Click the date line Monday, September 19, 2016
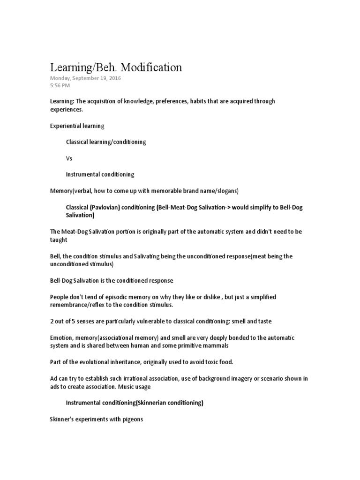point(85,78)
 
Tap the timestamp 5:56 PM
point(60,86)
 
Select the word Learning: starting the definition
point(61,101)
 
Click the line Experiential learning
point(77,126)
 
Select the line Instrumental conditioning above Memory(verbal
point(100,174)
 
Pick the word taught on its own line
point(59,240)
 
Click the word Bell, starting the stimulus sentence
point(56,256)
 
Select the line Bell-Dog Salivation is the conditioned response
point(112,280)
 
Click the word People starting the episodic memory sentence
point(60,297)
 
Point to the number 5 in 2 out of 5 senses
point(73,321)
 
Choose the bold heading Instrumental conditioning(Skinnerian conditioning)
point(134,403)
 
